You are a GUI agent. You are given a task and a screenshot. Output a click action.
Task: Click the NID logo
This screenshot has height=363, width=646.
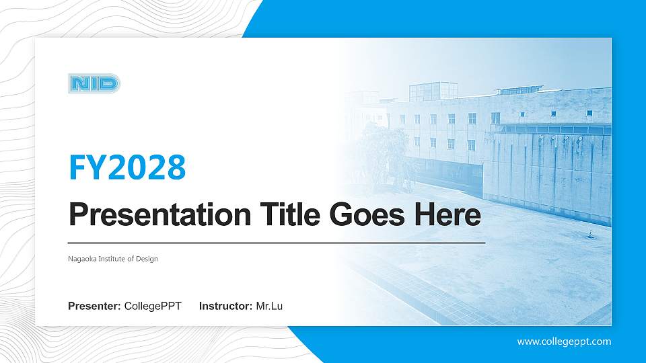[x=94, y=84]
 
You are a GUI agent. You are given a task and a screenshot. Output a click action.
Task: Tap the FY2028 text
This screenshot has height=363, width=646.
[x=127, y=167]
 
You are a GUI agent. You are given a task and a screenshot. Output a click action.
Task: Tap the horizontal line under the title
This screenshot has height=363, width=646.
[x=276, y=242]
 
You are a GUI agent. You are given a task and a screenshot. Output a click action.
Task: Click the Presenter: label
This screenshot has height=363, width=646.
[x=94, y=307]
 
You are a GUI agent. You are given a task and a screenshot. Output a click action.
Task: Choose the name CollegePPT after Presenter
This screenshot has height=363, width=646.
[x=153, y=307]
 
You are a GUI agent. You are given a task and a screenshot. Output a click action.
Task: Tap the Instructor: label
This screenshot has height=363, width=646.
[x=226, y=307]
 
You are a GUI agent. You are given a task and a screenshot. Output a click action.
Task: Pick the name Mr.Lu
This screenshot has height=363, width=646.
[x=269, y=307]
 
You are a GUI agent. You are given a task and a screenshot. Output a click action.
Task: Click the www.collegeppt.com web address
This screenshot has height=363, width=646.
[x=564, y=341]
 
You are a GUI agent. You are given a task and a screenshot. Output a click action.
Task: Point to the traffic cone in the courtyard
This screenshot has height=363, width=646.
[x=590, y=233]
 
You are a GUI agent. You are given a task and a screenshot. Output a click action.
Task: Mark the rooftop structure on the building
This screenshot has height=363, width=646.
[x=433, y=91]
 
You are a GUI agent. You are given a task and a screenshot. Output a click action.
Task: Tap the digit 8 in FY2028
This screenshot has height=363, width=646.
[x=176, y=167]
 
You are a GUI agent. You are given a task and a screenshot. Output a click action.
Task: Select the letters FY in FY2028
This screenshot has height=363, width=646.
[x=83, y=167]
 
